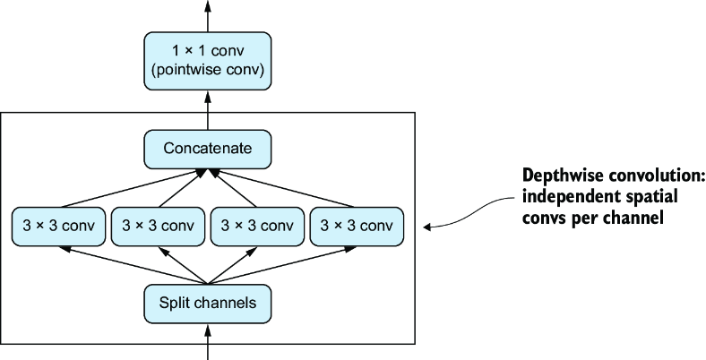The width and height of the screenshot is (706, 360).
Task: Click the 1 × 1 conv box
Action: pos(208,61)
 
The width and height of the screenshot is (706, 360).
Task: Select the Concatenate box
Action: pos(208,150)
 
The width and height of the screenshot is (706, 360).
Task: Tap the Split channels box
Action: pos(208,304)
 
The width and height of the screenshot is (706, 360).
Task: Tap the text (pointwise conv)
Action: pos(208,71)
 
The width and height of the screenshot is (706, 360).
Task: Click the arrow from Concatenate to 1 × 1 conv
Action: pos(208,110)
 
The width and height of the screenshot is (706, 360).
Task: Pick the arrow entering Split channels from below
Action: pos(208,342)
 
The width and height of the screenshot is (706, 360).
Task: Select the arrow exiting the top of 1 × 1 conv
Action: pos(208,16)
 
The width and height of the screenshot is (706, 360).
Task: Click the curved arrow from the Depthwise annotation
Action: pos(469,215)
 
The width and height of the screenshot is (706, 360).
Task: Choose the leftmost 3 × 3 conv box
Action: pos(58,227)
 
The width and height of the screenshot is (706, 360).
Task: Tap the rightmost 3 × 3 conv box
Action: pos(357,227)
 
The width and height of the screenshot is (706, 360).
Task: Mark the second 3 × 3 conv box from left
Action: pos(158,227)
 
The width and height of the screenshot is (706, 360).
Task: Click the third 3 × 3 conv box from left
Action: pos(257,227)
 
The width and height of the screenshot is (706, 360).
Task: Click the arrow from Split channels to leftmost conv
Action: pos(133,265)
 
